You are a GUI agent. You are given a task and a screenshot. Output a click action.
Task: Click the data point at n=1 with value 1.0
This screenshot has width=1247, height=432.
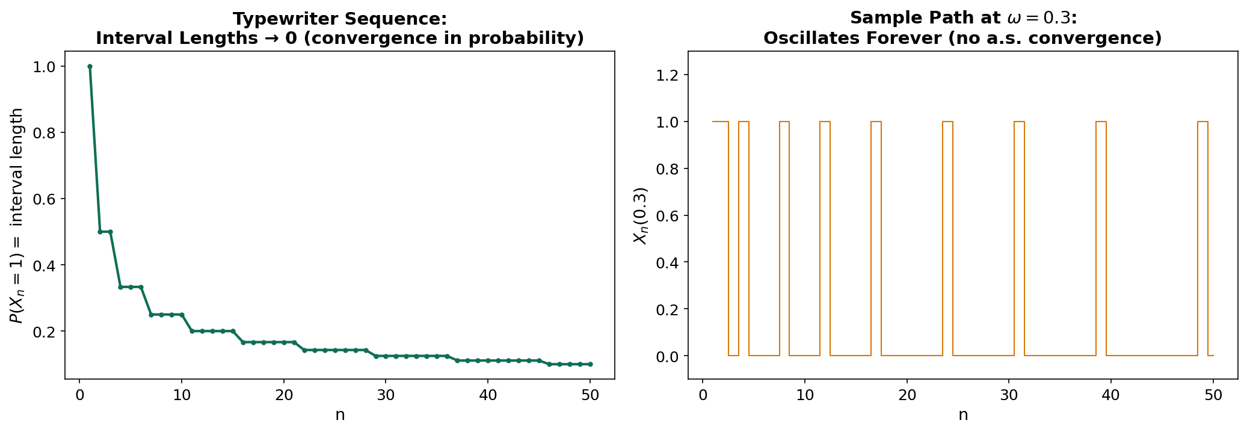pos(90,66)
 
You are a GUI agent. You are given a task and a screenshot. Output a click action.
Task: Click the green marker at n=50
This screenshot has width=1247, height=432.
pos(590,364)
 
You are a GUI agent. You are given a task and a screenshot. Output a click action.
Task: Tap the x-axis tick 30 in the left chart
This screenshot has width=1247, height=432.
pos(386,395)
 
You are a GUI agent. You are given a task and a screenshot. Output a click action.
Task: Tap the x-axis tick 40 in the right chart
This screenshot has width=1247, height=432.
pos(1111,395)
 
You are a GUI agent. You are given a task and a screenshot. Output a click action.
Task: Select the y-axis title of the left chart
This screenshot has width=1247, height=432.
pos(17,215)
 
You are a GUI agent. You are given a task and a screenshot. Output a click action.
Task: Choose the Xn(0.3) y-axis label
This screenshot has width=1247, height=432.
pos(641,215)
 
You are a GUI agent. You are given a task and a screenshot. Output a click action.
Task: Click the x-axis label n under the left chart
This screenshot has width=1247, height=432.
pos(340,415)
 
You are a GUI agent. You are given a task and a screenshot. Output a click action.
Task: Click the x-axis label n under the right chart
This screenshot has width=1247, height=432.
pos(963,415)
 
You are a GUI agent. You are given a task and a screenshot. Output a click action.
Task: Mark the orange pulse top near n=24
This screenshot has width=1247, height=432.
pos(947,122)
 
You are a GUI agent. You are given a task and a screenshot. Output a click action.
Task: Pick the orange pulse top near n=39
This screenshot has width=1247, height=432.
pos(1101,122)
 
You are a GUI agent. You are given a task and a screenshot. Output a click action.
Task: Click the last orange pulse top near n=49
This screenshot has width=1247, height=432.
pos(1202,122)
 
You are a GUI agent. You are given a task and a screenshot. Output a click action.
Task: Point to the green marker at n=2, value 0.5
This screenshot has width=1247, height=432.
pos(100,232)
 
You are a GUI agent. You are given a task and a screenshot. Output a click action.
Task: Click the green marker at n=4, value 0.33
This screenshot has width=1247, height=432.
pos(120,287)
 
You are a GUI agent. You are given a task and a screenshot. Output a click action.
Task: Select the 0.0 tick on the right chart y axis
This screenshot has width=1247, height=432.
pos(668,356)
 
